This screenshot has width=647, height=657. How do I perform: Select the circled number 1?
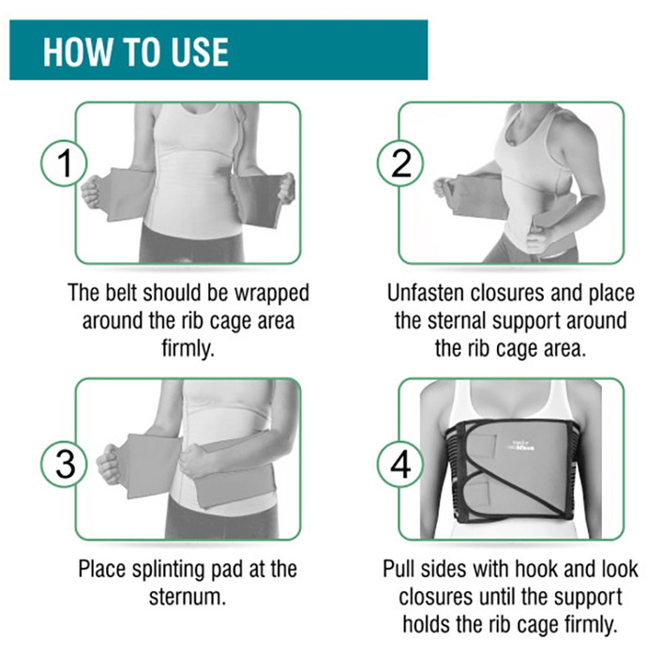64,163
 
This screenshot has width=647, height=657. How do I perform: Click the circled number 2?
400,163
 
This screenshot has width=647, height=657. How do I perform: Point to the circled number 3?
64,465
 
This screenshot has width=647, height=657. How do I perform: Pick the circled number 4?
400,465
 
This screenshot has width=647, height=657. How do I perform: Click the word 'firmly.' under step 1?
188,348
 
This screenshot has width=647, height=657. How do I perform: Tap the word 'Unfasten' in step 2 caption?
425,293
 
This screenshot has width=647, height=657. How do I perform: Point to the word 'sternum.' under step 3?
188,597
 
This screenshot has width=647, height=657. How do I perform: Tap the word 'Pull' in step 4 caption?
398,569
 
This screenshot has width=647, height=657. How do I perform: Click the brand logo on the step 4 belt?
520,445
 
